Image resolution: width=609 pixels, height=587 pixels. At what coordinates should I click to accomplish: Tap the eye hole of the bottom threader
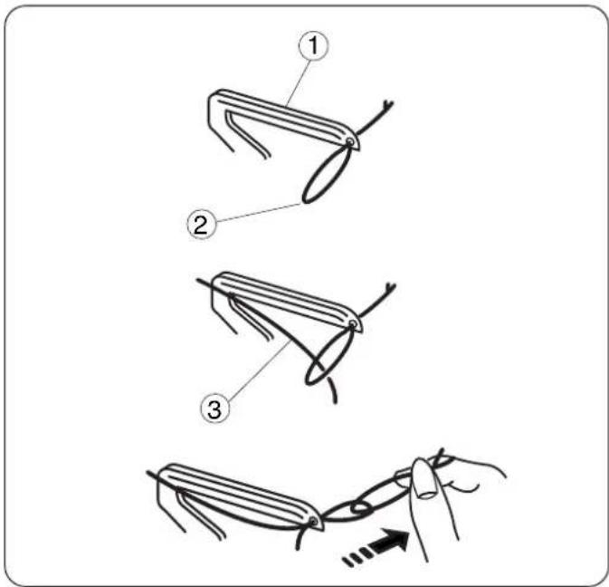[312, 523]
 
